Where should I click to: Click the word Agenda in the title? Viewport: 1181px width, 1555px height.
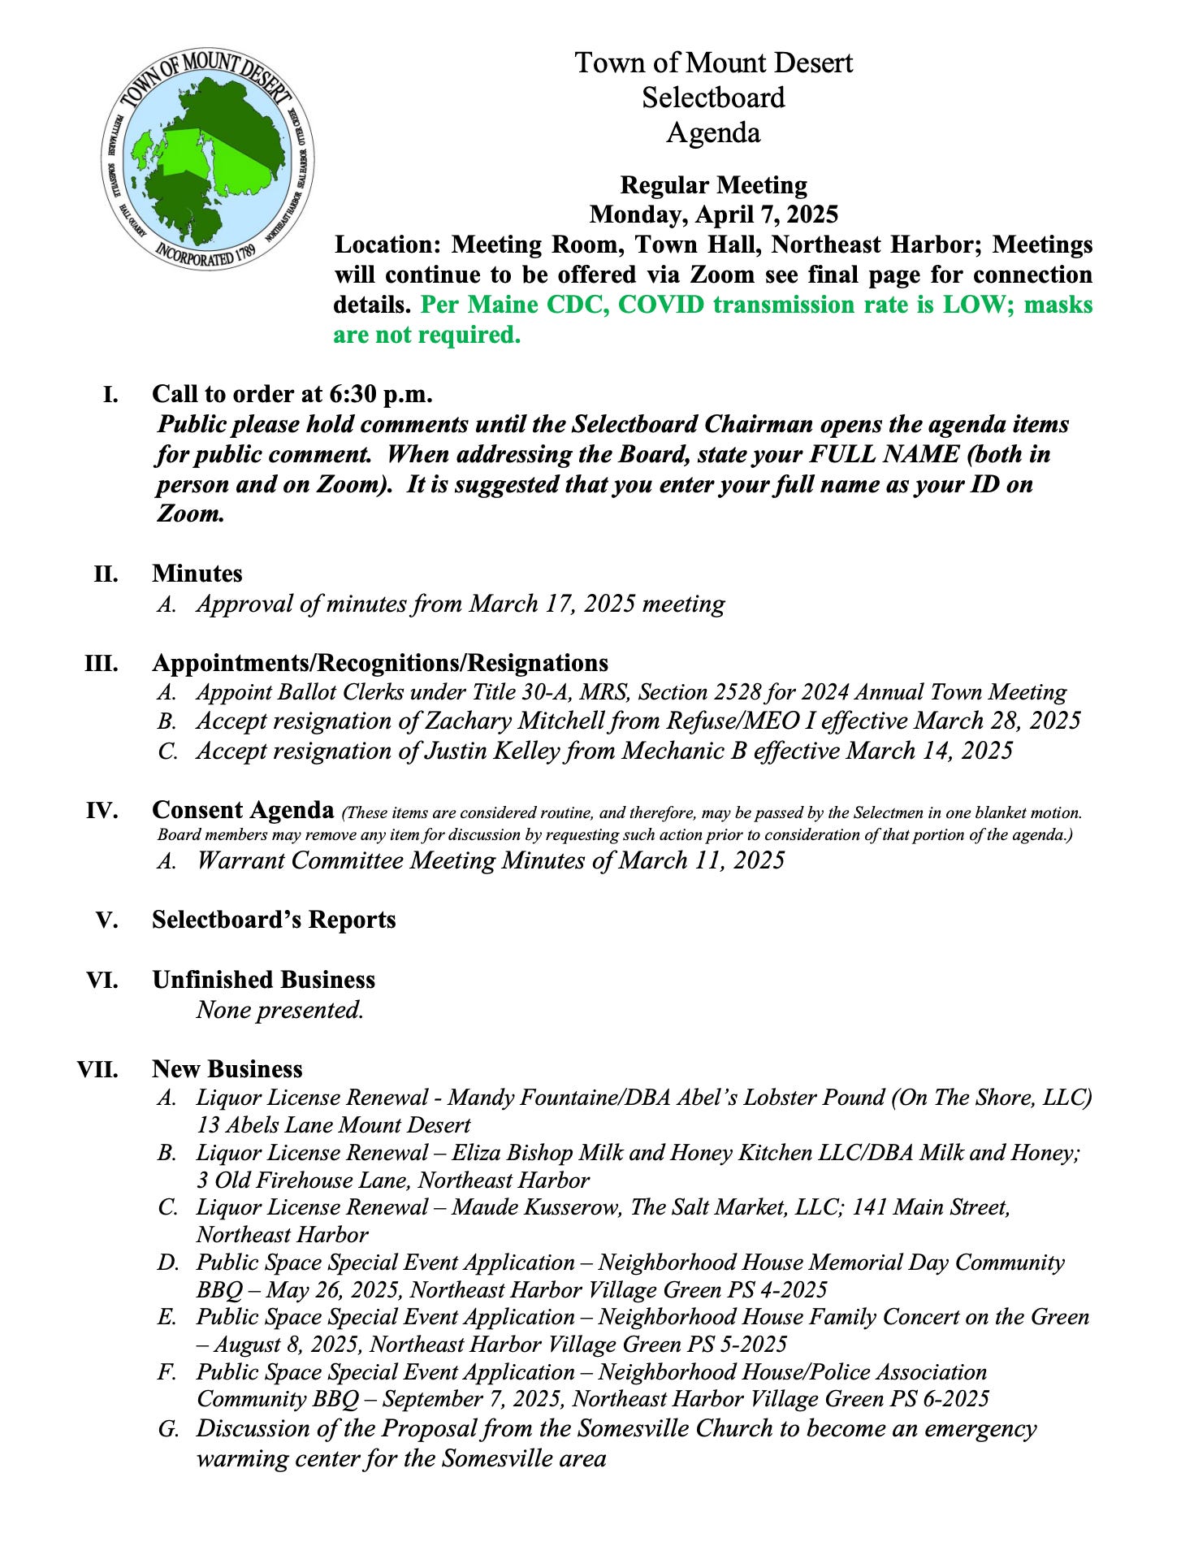point(713,132)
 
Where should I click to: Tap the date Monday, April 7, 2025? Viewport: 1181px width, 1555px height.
point(713,214)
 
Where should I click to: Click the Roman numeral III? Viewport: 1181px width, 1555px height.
point(102,663)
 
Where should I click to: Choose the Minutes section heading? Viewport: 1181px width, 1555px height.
point(197,574)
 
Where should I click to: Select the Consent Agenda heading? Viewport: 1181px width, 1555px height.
point(243,810)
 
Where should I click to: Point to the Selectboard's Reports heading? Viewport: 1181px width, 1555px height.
point(274,920)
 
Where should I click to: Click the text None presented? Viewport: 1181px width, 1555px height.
point(279,1010)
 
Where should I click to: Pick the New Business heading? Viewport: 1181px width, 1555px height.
point(227,1069)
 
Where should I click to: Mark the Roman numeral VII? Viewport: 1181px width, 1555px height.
point(97,1069)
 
